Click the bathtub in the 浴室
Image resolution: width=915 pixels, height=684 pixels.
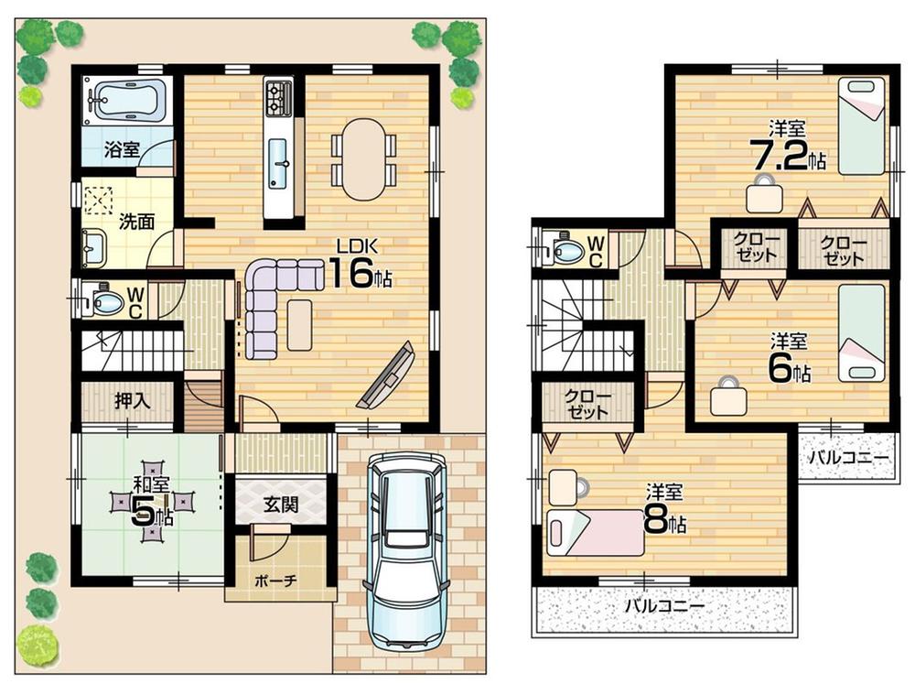(x=127, y=100)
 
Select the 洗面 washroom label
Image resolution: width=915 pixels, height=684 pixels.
(x=135, y=221)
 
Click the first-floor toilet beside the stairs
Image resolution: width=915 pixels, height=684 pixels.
(x=103, y=299)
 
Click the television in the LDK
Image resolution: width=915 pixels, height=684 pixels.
(x=384, y=376)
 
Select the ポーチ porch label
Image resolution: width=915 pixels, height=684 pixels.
(x=276, y=581)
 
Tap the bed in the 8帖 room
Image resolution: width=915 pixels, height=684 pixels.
(x=596, y=532)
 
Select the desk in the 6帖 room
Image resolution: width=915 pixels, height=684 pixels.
(x=729, y=396)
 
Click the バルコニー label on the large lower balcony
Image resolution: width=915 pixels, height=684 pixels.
(x=664, y=606)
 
